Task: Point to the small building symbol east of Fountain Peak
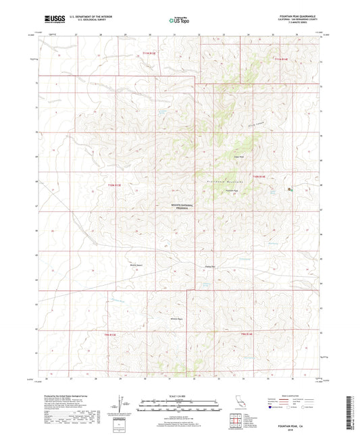[290, 190]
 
